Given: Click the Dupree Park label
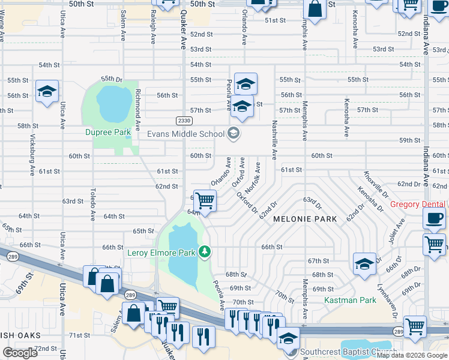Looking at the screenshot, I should click(107, 131).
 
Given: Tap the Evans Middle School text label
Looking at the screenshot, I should click(186, 134).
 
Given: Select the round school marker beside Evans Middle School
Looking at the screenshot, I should click(234, 133).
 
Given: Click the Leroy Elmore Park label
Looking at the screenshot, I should click(161, 253).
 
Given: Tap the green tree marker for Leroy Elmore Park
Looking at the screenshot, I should click(205, 251).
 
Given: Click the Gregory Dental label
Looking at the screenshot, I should click(419, 205).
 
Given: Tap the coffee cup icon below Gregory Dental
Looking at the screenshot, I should click(434, 218).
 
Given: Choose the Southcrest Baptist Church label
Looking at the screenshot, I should click(348, 352).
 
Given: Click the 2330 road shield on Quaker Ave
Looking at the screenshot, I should click(184, 121).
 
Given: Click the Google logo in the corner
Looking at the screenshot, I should click(20, 353).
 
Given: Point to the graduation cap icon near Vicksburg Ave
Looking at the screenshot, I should click(47, 91).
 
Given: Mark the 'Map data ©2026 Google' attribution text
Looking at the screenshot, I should click(412, 355).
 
